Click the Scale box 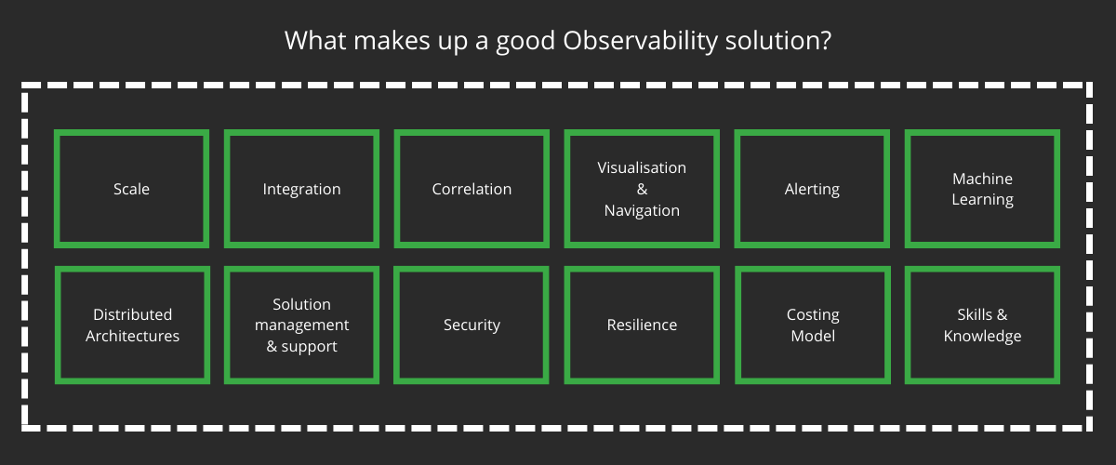pos(131,189)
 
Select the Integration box pos(301,189)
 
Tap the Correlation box pos(472,189)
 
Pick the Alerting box pos(812,189)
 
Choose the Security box pos(472,325)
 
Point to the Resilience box pos(642,325)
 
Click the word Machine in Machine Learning pos(982,179)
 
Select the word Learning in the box pos(982,199)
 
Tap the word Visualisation pos(642,168)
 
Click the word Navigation pos(642,210)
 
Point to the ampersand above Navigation pos(642,189)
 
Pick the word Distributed pos(132,314)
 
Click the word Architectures pos(132,336)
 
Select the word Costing pos(813,314)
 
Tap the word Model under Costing pos(813,336)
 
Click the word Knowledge pos(982,336)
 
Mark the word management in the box pos(301,325)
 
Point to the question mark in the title pos(825,41)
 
